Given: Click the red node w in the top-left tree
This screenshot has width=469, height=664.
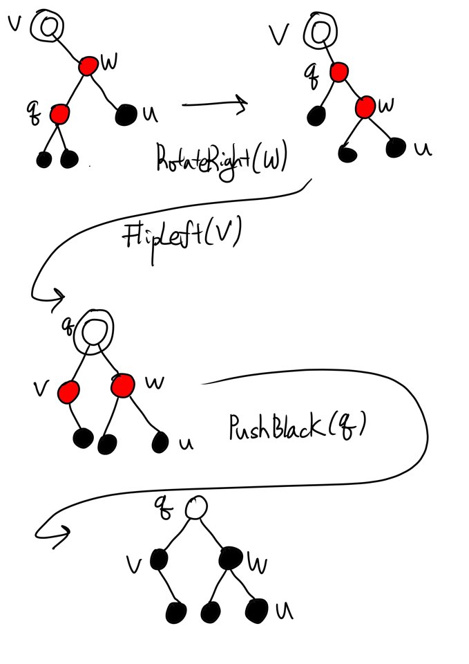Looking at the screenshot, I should (88, 66).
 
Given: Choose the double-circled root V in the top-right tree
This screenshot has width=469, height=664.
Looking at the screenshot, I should (320, 32).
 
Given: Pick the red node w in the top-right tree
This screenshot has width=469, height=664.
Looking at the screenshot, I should (365, 106).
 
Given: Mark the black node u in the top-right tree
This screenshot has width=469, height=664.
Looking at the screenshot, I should (396, 147).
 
